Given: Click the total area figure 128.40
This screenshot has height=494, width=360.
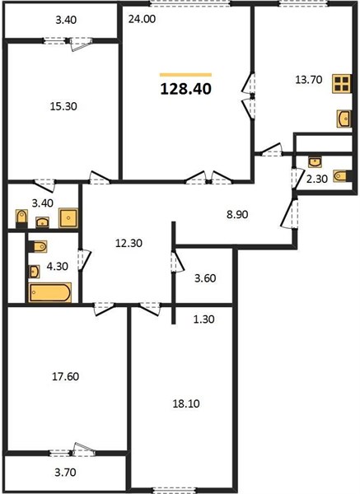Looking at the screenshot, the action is (x=185, y=89).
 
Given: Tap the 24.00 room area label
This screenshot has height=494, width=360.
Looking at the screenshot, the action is (x=142, y=19).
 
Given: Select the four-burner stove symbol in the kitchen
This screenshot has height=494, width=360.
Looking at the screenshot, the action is (x=342, y=83).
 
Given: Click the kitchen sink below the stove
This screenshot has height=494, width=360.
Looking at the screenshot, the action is (x=344, y=119).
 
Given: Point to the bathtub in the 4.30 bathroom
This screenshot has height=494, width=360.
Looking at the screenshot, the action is (x=49, y=292).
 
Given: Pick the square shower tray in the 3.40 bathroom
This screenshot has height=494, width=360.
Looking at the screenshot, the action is (x=68, y=217).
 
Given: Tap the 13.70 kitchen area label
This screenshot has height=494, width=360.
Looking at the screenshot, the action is (x=309, y=80).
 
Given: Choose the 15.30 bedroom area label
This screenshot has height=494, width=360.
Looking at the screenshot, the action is (x=63, y=106).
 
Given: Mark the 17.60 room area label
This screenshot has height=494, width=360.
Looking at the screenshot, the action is (x=65, y=376).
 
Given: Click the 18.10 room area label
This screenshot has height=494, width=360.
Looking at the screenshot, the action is (x=186, y=403).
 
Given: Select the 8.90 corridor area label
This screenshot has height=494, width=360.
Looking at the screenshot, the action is (x=237, y=215).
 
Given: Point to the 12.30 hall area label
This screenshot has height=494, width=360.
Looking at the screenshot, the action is (x=129, y=243).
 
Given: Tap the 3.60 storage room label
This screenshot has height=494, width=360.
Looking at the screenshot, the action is (x=205, y=278).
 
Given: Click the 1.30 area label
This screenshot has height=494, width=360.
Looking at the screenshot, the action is (x=203, y=319).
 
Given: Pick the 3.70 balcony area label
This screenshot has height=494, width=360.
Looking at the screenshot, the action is (x=65, y=473).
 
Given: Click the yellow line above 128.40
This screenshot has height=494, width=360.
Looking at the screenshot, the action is (x=185, y=75).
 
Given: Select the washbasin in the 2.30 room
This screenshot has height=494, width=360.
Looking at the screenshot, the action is (x=315, y=162).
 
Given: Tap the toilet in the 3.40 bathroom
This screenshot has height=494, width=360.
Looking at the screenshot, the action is (x=21, y=219).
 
